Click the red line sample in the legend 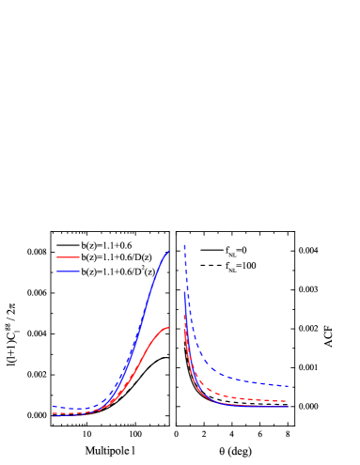pos(68,257)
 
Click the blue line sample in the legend pos(68,271)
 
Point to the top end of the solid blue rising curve pos(169,251)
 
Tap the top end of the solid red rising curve pos(169,328)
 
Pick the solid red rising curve pos(141,367)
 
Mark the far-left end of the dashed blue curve pos(53,407)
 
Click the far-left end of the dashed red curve pos(53,412)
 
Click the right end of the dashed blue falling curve pos(288,386)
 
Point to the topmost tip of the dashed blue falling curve pos(183,244)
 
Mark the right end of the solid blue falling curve pos(288,407)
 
